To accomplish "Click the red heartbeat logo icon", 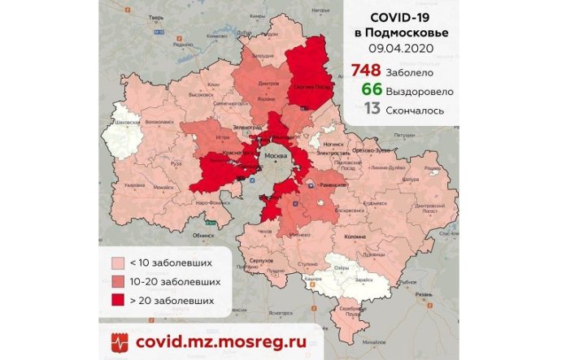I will (118, 341).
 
